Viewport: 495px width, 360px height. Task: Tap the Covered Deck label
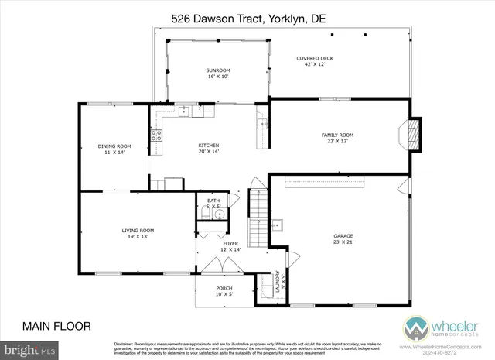(316, 58)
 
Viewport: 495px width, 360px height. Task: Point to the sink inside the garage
(284, 225)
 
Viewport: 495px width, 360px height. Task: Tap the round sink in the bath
(219, 214)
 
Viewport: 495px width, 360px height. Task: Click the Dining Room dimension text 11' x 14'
(114, 153)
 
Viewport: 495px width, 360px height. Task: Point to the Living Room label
(138, 230)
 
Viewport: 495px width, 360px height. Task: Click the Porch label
(224, 289)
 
